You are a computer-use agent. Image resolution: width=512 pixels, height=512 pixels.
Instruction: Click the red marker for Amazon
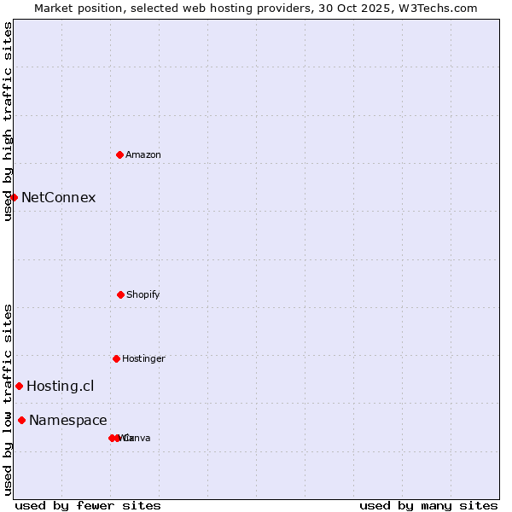click(120, 154)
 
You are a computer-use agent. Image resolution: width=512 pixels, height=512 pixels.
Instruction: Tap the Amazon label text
click(143, 155)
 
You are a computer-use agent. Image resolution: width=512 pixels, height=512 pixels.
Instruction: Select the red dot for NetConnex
click(14, 197)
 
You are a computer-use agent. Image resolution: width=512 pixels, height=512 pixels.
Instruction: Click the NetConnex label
click(58, 198)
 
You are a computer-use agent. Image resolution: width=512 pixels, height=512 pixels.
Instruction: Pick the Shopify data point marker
click(120, 294)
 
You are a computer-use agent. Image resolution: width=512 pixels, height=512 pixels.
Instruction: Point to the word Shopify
click(143, 295)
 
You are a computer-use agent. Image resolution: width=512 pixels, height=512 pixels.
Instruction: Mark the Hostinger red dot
click(116, 358)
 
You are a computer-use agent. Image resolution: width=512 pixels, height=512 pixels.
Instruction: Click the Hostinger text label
click(143, 359)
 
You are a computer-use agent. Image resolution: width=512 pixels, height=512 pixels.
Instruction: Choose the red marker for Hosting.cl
click(19, 386)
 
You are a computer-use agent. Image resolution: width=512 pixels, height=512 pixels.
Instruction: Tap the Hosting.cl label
click(61, 387)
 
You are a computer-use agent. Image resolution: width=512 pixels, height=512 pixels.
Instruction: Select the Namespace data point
click(21, 420)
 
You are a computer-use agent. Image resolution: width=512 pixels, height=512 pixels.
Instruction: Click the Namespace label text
click(68, 421)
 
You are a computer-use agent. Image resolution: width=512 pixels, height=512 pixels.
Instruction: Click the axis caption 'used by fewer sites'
click(88, 505)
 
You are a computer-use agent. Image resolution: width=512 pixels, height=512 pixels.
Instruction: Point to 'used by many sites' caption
click(428, 505)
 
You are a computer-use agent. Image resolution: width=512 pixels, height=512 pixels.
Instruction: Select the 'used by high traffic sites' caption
click(8, 121)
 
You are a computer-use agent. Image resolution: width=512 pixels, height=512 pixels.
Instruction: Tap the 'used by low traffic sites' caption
click(8, 399)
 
